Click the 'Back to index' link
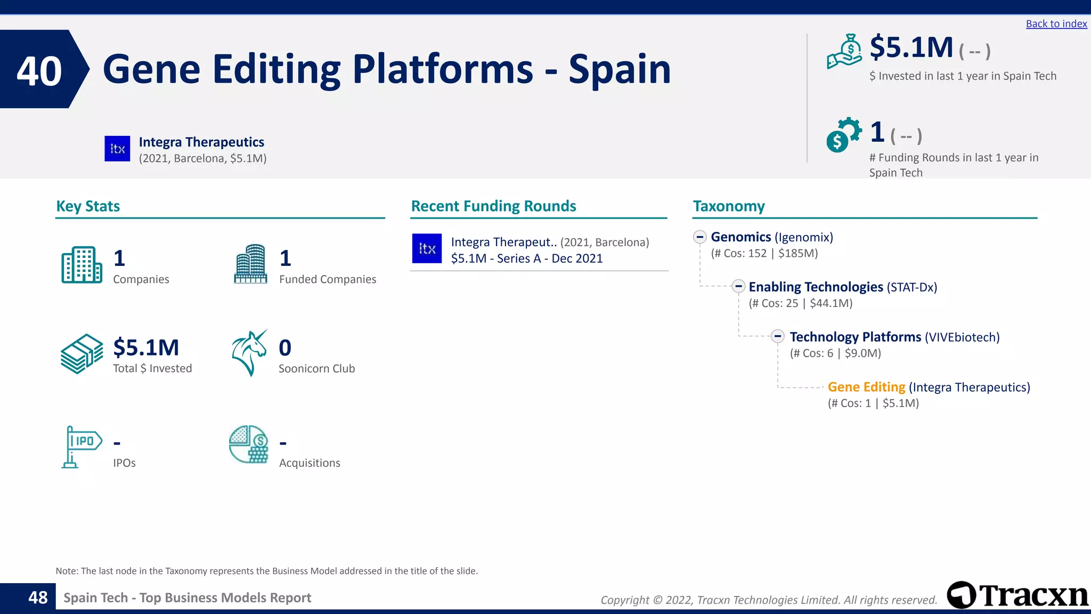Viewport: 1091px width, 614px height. click(1056, 24)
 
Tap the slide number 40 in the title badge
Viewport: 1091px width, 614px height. click(39, 70)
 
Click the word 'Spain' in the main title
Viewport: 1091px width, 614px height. click(620, 70)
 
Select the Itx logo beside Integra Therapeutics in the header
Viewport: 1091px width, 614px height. click(117, 149)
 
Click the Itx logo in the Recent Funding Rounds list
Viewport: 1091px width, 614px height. click(427, 248)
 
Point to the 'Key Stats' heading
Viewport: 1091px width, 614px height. click(88, 206)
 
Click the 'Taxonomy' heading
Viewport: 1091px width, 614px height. click(728, 206)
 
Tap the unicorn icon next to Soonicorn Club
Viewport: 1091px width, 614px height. click(249, 353)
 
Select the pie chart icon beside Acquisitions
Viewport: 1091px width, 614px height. click(248, 445)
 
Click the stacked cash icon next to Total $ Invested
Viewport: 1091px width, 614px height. click(82, 353)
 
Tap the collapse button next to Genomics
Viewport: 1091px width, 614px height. click(700, 237)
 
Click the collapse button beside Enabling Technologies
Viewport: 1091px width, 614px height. click(738, 286)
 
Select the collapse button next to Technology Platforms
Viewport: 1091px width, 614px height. click(778, 336)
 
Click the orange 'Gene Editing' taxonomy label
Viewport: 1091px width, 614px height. click(866, 387)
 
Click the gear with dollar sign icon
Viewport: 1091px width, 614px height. click(843, 135)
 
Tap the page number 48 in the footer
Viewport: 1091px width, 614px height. click(38, 597)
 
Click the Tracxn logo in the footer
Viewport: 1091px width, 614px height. click(1017, 595)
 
